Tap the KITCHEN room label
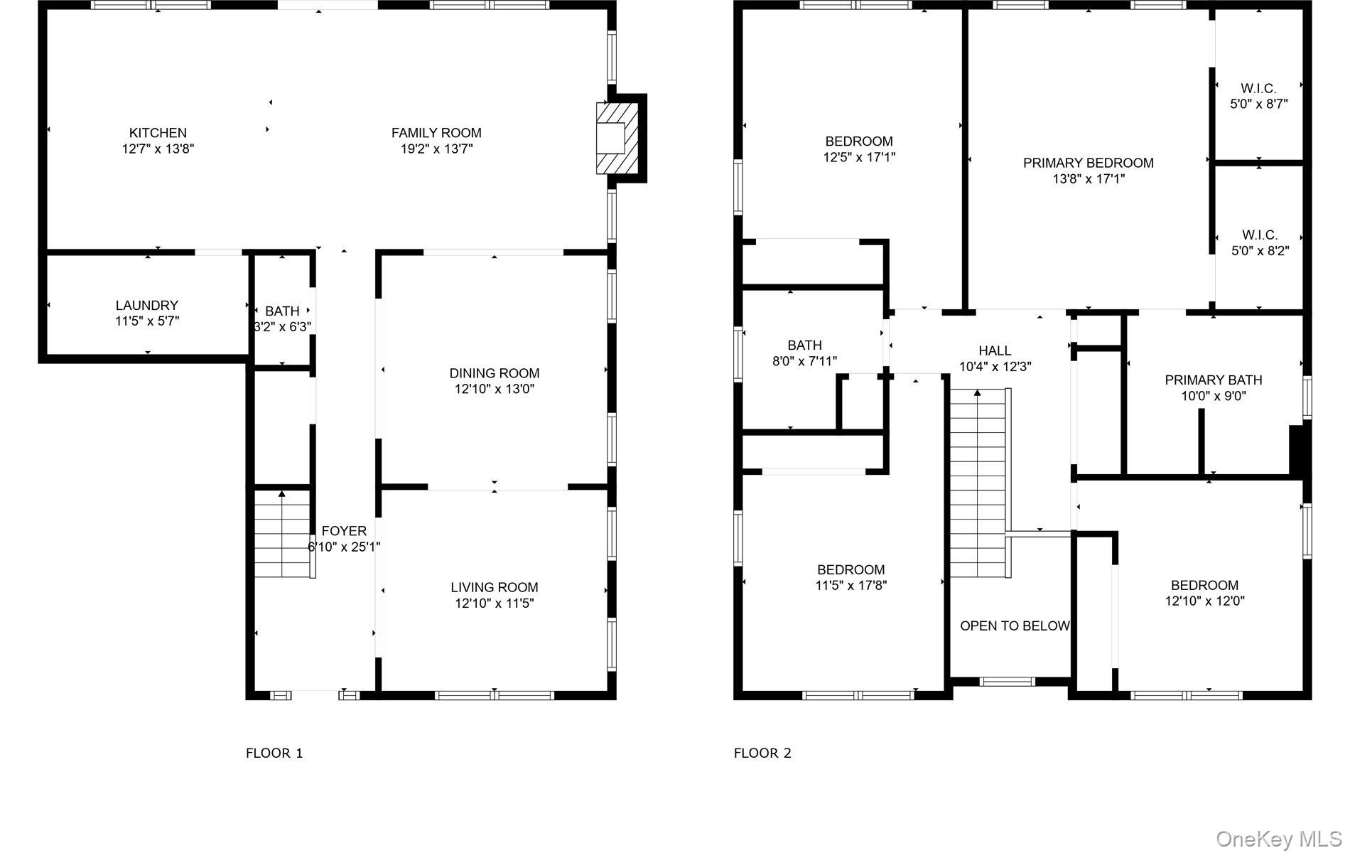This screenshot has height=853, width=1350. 158,133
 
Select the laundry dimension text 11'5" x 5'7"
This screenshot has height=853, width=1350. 147,321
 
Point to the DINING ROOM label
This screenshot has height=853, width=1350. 494,373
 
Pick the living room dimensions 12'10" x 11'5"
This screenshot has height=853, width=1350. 494,603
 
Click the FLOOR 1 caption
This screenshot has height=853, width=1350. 274,753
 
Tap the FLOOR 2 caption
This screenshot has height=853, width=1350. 762,753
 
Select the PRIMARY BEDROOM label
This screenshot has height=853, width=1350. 1088,163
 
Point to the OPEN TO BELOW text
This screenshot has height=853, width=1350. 1014,626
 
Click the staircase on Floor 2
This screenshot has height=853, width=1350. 978,483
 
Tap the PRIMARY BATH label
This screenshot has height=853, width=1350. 1213,380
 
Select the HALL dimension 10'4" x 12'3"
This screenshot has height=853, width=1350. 995,367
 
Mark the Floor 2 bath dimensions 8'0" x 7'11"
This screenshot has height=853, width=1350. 804,362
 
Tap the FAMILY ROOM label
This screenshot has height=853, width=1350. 436,133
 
